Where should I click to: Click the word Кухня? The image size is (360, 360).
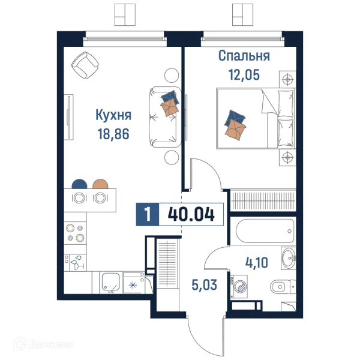(x=113, y=115)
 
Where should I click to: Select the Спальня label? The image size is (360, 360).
(x=244, y=56)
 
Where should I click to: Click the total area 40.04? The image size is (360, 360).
(x=191, y=214)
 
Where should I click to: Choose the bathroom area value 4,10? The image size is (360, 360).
(x=256, y=262)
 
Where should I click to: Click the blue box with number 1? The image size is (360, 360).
(x=148, y=214)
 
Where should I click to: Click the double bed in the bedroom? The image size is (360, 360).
(x=256, y=119)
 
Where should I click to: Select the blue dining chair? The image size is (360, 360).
(x=78, y=184)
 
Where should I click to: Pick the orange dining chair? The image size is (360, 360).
(x=100, y=184)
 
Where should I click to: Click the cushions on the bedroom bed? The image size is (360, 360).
(x=235, y=123)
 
